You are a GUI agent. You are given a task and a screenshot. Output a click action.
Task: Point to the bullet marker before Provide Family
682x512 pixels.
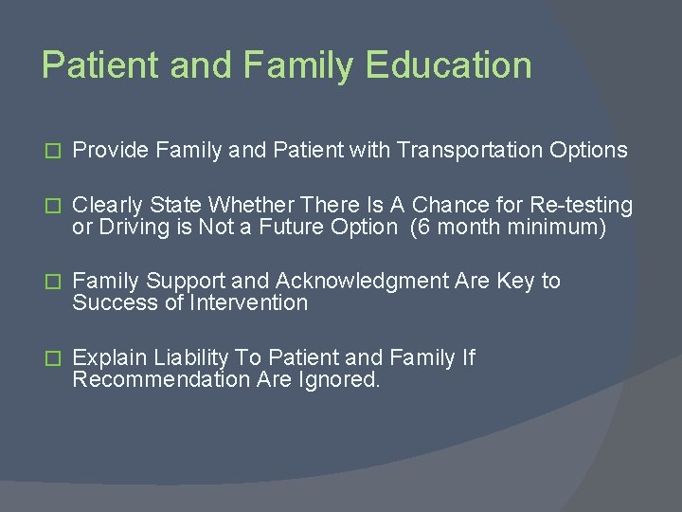click(x=53, y=150)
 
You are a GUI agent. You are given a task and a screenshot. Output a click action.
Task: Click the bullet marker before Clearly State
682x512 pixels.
click(x=53, y=206)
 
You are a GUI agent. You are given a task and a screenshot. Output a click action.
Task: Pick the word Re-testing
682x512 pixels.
click(x=586, y=205)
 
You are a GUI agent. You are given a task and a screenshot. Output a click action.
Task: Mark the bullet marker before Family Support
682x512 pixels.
click(x=53, y=282)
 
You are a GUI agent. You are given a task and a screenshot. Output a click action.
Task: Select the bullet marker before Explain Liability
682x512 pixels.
click(x=53, y=358)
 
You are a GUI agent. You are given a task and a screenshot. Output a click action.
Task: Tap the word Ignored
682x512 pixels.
click(x=342, y=379)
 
